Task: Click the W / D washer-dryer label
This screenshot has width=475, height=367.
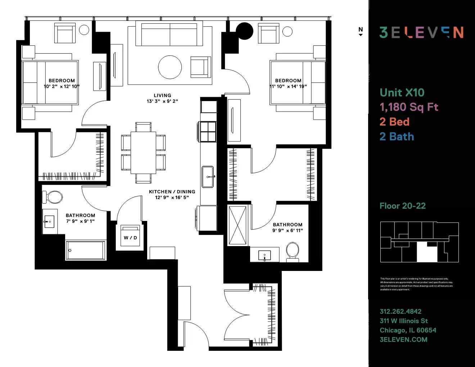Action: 130,237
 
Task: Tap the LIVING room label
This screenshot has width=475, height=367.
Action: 162,95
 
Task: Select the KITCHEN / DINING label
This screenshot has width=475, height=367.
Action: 172,192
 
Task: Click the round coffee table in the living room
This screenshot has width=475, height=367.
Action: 170,67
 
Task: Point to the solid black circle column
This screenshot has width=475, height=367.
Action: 244,31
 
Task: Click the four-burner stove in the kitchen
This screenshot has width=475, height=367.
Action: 208,131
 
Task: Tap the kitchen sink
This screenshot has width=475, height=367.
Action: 208,177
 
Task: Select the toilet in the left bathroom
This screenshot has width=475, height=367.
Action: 53,197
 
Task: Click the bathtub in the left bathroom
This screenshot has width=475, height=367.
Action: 86,250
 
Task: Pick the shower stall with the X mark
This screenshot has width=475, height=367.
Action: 237,225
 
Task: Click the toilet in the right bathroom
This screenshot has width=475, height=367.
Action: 292,251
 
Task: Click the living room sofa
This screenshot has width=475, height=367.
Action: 169,35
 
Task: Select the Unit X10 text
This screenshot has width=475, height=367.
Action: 402,92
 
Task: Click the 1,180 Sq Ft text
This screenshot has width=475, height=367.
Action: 409,107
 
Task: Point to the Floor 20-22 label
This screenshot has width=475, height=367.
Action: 402,206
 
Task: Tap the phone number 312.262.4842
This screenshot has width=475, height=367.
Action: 401,312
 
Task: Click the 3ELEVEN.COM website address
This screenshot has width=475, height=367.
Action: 403,339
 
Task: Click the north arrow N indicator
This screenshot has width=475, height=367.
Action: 361,31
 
